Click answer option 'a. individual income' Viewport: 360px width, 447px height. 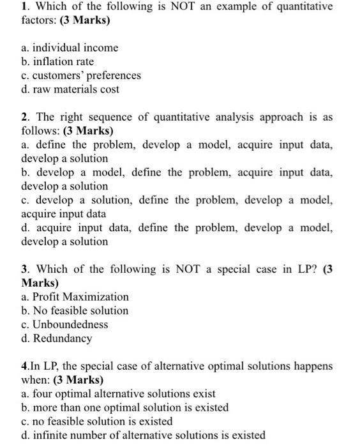tap(70, 48)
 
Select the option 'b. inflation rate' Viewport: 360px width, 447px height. tap(57, 62)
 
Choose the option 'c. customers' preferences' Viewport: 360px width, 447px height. tap(80, 75)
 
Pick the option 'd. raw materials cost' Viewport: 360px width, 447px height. tap(70, 89)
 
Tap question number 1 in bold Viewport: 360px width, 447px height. tap(24, 6)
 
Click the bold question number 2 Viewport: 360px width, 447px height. tap(24, 117)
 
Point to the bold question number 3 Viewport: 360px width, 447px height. tap(24, 269)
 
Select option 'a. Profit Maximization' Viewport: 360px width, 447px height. tap(75, 297)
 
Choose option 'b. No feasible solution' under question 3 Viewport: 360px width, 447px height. tap(75, 311)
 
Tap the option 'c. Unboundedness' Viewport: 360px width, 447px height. tap(64, 324)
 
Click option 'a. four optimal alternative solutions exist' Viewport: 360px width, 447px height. tap(118, 394)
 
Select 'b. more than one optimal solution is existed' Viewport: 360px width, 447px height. tap(124, 407)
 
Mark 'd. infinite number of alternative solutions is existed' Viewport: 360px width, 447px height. tap(143, 436)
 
